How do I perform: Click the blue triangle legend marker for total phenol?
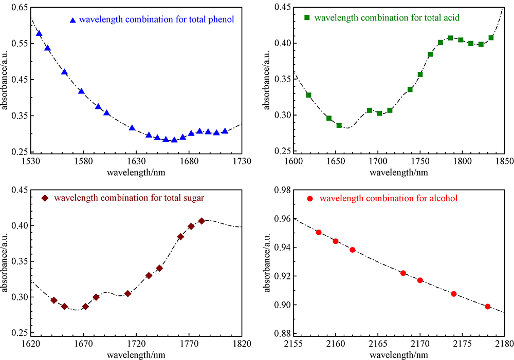pos(72,20)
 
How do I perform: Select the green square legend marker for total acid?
pos(307,17)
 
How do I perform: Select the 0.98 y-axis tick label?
pos(281,191)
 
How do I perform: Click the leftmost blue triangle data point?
pos(39,34)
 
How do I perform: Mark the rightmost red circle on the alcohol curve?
pos(487,307)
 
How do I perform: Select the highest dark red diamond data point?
pos(201,221)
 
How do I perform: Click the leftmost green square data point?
pos(309,95)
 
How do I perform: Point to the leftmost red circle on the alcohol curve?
pos(319,232)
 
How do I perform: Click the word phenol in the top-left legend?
pos(223,20)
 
